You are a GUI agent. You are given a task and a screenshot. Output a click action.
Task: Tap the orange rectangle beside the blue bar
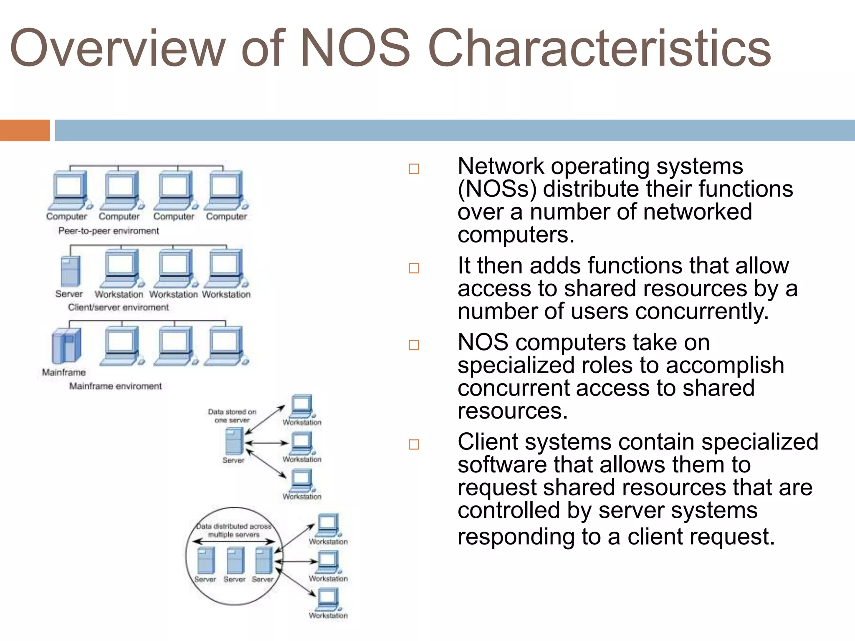click(x=25, y=130)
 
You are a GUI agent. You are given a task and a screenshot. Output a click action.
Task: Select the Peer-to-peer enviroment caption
click(x=109, y=231)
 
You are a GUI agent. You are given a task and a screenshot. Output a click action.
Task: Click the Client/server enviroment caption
click(x=118, y=308)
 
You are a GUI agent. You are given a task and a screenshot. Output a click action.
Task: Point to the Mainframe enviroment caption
click(x=115, y=386)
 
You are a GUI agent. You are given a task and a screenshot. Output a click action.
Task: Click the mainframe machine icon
click(x=66, y=346)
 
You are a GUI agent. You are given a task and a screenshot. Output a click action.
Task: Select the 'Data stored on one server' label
click(x=232, y=416)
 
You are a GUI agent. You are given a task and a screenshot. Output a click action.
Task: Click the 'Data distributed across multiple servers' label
click(x=234, y=530)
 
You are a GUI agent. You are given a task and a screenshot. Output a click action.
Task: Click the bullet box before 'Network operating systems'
click(x=414, y=169)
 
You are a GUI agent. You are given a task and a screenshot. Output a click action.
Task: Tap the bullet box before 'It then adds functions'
click(x=414, y=268)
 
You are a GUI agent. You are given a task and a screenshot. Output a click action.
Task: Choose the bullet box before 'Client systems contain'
click(x=414, y=444)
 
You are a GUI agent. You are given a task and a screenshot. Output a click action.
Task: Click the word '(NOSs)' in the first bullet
click(x=497, y=189)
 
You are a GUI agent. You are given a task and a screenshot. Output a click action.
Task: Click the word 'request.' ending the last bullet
click(x=739, y=537)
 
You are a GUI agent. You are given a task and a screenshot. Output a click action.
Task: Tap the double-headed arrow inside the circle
click(x=234, y=542)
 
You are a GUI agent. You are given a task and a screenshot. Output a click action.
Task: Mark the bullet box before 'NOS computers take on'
click(x=414, y=345)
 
